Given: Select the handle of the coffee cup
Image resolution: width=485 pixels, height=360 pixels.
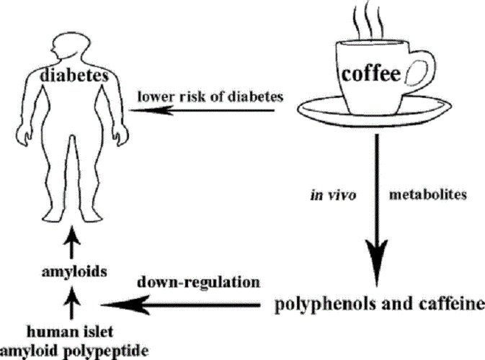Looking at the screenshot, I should (x=421, y=73).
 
